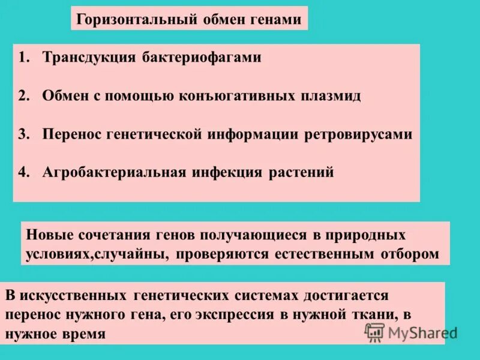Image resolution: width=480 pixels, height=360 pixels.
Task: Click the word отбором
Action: [x=410, y=254]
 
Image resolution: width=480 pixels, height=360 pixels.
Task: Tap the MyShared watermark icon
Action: [x=375, y=332]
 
